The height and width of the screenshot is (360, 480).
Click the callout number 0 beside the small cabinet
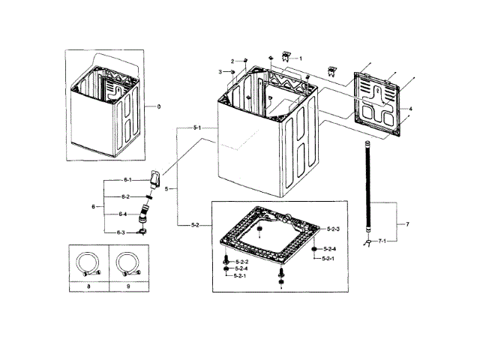158,107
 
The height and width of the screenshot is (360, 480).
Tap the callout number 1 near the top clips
300,58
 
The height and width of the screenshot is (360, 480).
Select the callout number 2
233,60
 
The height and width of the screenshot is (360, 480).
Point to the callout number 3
220,71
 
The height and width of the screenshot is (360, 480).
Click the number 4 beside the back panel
410,109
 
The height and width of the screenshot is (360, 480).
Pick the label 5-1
197,128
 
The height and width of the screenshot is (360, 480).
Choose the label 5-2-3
334,228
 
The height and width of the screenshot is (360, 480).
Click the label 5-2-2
241,261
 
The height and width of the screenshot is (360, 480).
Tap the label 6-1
127,180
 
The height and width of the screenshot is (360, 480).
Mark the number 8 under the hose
88,287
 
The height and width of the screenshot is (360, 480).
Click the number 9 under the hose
128,287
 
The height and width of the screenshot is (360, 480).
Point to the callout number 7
407,224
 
